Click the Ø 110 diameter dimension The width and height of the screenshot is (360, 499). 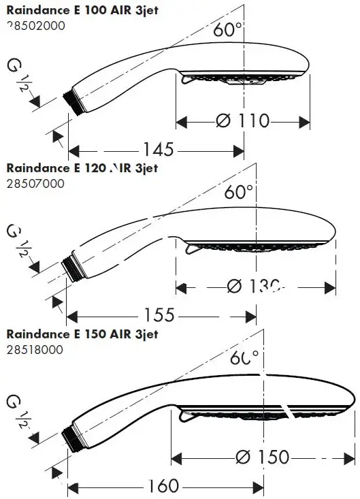pos(243,121)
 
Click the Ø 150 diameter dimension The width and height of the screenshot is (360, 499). pos(262,457)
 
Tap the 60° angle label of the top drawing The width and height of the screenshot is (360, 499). pos(228,30)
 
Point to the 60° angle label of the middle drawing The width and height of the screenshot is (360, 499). pos(239,191)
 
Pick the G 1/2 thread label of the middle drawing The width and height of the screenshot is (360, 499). pos(17,240)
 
